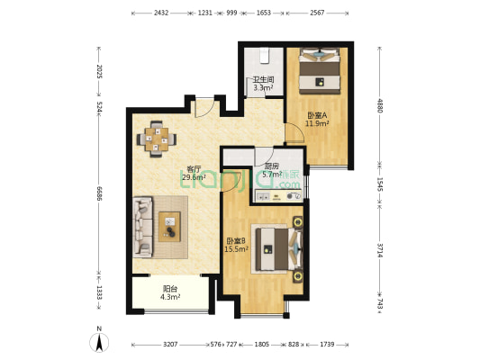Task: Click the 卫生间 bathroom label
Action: (x=263, y=79)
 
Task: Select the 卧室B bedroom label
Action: (x=236, y=240)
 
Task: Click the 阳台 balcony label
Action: (x=170, y=289)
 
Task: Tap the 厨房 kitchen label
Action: (x=270, y=166)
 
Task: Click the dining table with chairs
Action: (x=157, y=139)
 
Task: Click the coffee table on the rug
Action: (x=170, y=227)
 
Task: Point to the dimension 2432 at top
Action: (x=161, y=13)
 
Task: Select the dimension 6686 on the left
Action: (x=100, y=196)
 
